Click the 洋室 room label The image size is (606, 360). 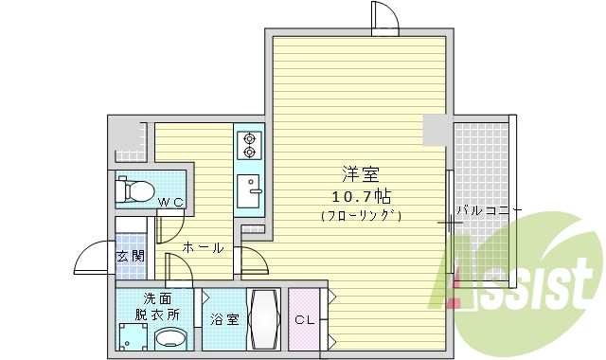(x=361, y=175)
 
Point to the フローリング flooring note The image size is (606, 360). (x=361, y=217)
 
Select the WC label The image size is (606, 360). (x=170, y=201)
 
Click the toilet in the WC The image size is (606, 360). (x=133, y=190)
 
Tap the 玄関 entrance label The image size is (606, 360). (x=130, y=256)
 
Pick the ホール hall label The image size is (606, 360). (x=202, y=248)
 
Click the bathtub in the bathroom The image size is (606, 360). (x=263, y=319)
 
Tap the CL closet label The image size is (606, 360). (x=305, y=320)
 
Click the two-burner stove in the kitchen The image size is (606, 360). (x=249, y=144)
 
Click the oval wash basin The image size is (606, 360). (x=170, y=338)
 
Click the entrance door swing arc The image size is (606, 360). (x=93, y=259)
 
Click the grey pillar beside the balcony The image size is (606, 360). (x=437, y=130)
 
